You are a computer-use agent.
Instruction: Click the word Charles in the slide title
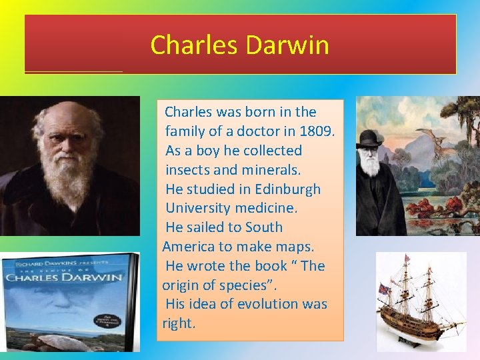(x=195, y=45)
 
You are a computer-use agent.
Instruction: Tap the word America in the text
(x=190, y=247)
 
